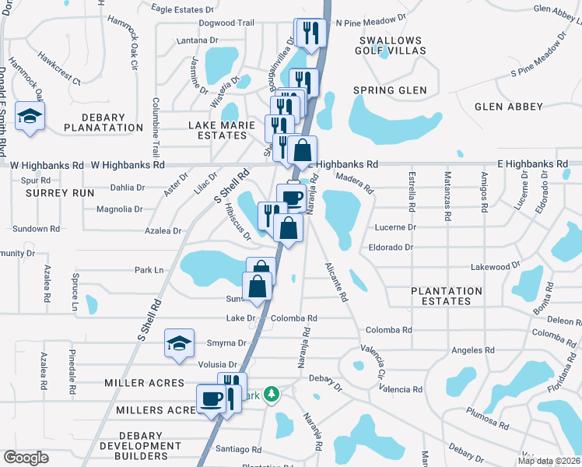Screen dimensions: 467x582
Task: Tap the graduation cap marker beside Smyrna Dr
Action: coord(179,344)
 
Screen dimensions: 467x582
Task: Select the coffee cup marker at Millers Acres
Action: coord(211,399)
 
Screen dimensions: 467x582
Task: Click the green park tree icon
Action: coord(271,395)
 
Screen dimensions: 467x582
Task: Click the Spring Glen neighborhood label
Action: coord(390,90)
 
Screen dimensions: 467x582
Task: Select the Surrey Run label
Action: coord(53,192)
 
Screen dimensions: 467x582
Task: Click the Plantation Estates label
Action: coord(447,296)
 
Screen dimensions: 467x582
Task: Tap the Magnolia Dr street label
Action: coord(119,209)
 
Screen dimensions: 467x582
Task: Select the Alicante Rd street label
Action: coord(337,283)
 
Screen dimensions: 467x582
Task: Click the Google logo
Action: coord(26,457)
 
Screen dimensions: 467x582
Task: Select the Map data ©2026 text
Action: coord(548,461)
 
